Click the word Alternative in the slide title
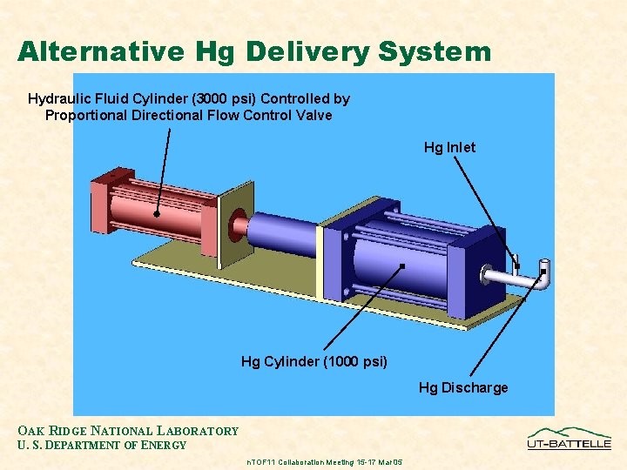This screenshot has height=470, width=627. pos(101,51)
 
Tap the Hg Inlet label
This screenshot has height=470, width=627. pos(449,147)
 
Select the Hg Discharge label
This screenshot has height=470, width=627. pos(462,387)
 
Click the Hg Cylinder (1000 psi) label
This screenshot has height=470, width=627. pos(313,361)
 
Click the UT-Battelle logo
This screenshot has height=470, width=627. pos(570,438)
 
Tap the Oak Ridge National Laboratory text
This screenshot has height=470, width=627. pos(128,431)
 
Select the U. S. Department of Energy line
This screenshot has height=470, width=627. pos(102,446)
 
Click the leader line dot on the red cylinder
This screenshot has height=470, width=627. pos(157,213)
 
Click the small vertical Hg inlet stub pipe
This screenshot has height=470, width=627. pos(516,261)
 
